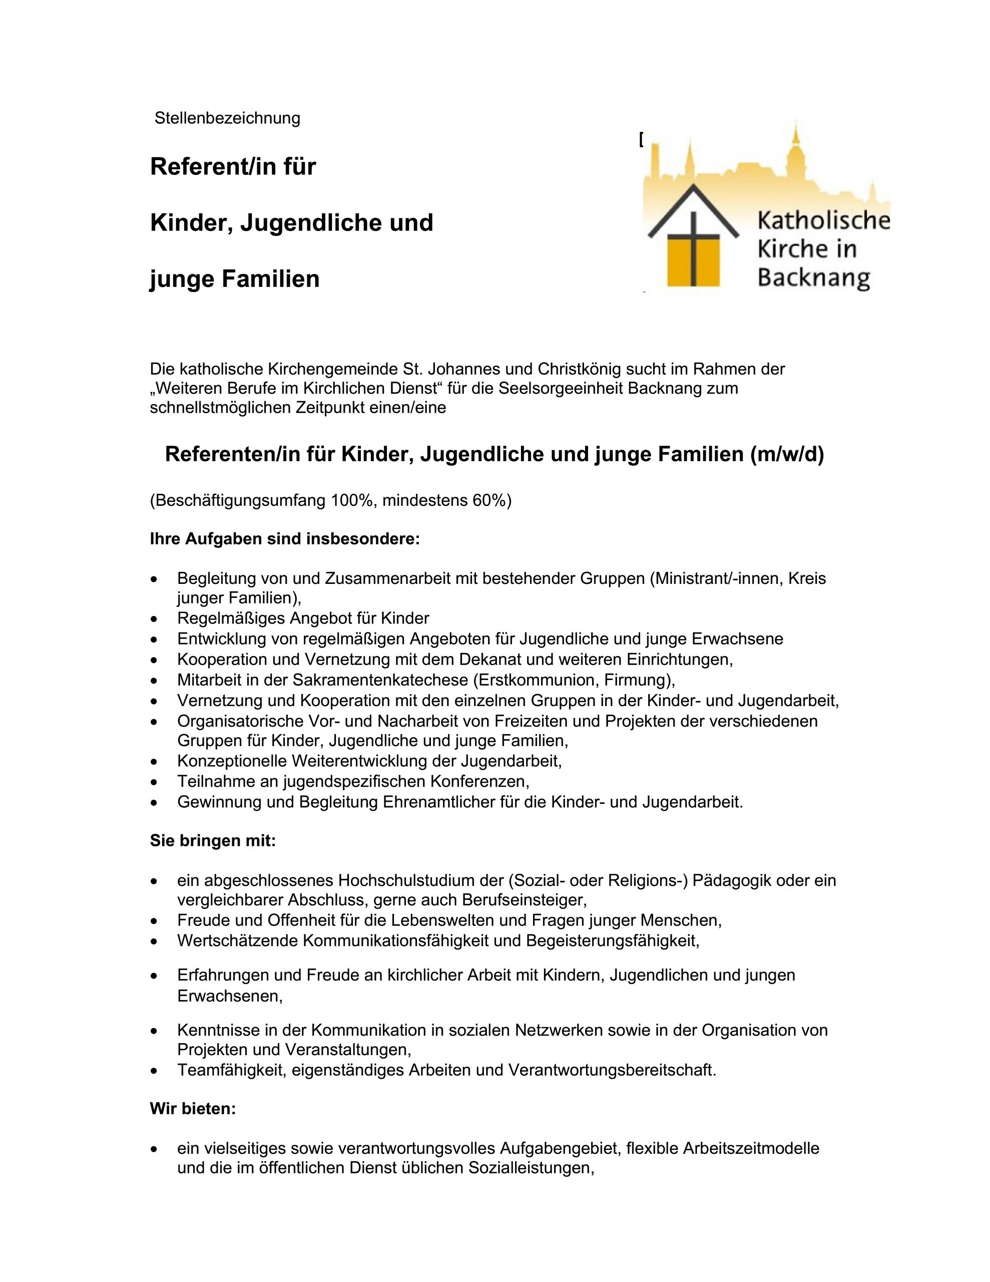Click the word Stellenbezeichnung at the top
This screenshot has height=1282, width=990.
(x=227, y=119)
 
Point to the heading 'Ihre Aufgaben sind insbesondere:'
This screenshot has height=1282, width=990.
(x=285, y=539)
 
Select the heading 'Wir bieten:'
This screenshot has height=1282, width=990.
(x=193, y=1109)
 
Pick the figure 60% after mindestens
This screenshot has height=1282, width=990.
(x=487, y=501)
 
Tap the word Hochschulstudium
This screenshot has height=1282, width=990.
(x=419, y=880)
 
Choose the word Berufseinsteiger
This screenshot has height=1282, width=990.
(x=524, y=900)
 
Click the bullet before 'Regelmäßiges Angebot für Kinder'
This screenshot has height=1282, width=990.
(x=154, y=618)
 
